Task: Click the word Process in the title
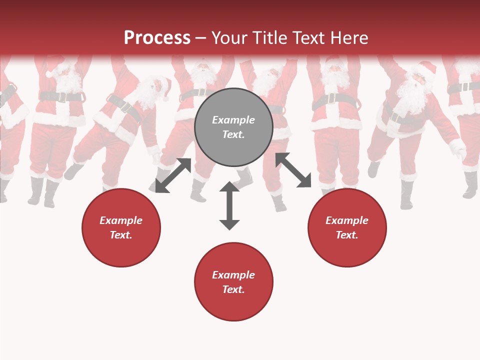[157, 37]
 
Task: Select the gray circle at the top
[233, 127]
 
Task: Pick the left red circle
[121, 227]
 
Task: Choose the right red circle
[347, 227]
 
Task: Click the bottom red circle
[233, 282]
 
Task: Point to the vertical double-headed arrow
[229, 205]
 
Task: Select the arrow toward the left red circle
[173, 175]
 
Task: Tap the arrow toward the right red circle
[293, 170]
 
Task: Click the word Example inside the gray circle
[233, 120]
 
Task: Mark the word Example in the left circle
[121, 220]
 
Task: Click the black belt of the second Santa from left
[61, 95]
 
